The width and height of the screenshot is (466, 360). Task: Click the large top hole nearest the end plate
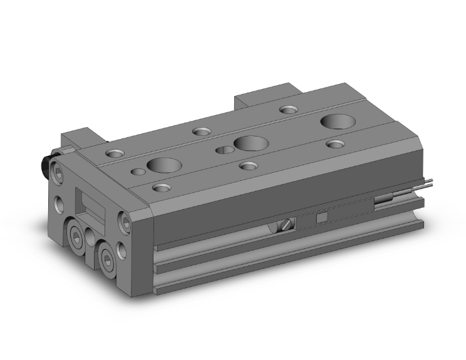pyautogui.click(x=164, y=165)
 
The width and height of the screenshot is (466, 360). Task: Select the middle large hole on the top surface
pyautogui.click(x=249, y=143)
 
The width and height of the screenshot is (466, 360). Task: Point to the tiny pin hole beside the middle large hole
pyautogui.click(x=222, y=150)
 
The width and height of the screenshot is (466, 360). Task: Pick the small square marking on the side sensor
pyautogui.click(x=322, y=217)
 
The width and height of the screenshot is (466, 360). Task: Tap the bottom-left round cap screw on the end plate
pyautogui.click(x=77, y=235)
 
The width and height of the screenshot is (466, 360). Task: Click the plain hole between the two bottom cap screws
pyautogui.click(x=91, y=238)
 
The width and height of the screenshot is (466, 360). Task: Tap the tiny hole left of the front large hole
pyautogui.click(x=138, y=171)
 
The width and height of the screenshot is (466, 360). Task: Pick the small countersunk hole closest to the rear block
pyautogui.click(x=288, y=110)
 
